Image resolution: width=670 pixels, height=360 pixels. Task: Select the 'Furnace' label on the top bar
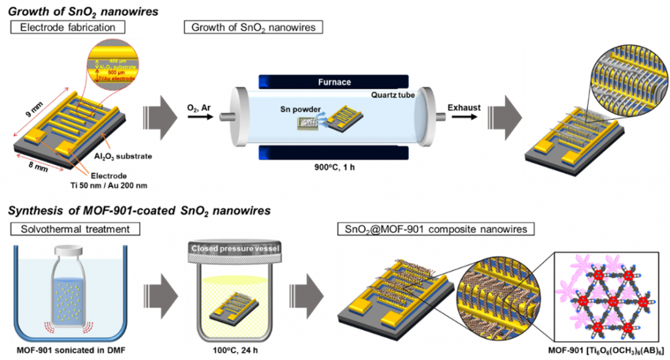pos(336,83)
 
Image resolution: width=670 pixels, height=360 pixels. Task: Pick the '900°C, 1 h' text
pos(336,167)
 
